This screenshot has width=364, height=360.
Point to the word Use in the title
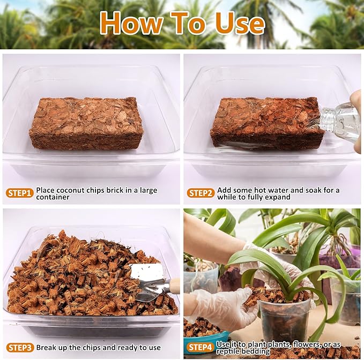(238, 24)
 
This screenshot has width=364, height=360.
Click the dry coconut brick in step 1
(86, 123)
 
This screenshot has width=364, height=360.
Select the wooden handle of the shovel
(174, 285)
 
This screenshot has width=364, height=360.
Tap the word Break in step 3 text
(48, 347)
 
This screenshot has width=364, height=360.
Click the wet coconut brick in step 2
(265, 123)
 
